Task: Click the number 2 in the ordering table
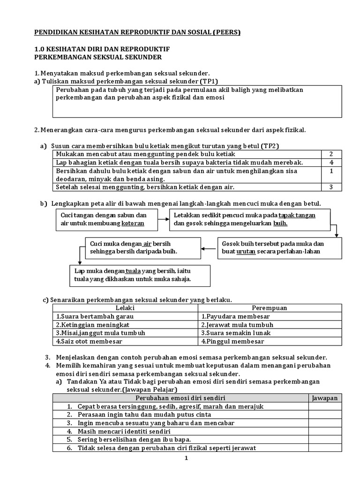330,154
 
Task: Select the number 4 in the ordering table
330,163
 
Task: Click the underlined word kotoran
133,224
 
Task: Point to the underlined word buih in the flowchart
280,224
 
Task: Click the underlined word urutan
246,252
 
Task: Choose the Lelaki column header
125,308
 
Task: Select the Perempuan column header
270,308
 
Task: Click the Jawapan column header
324,398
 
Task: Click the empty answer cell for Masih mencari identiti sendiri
324,431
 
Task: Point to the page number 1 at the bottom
186,458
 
